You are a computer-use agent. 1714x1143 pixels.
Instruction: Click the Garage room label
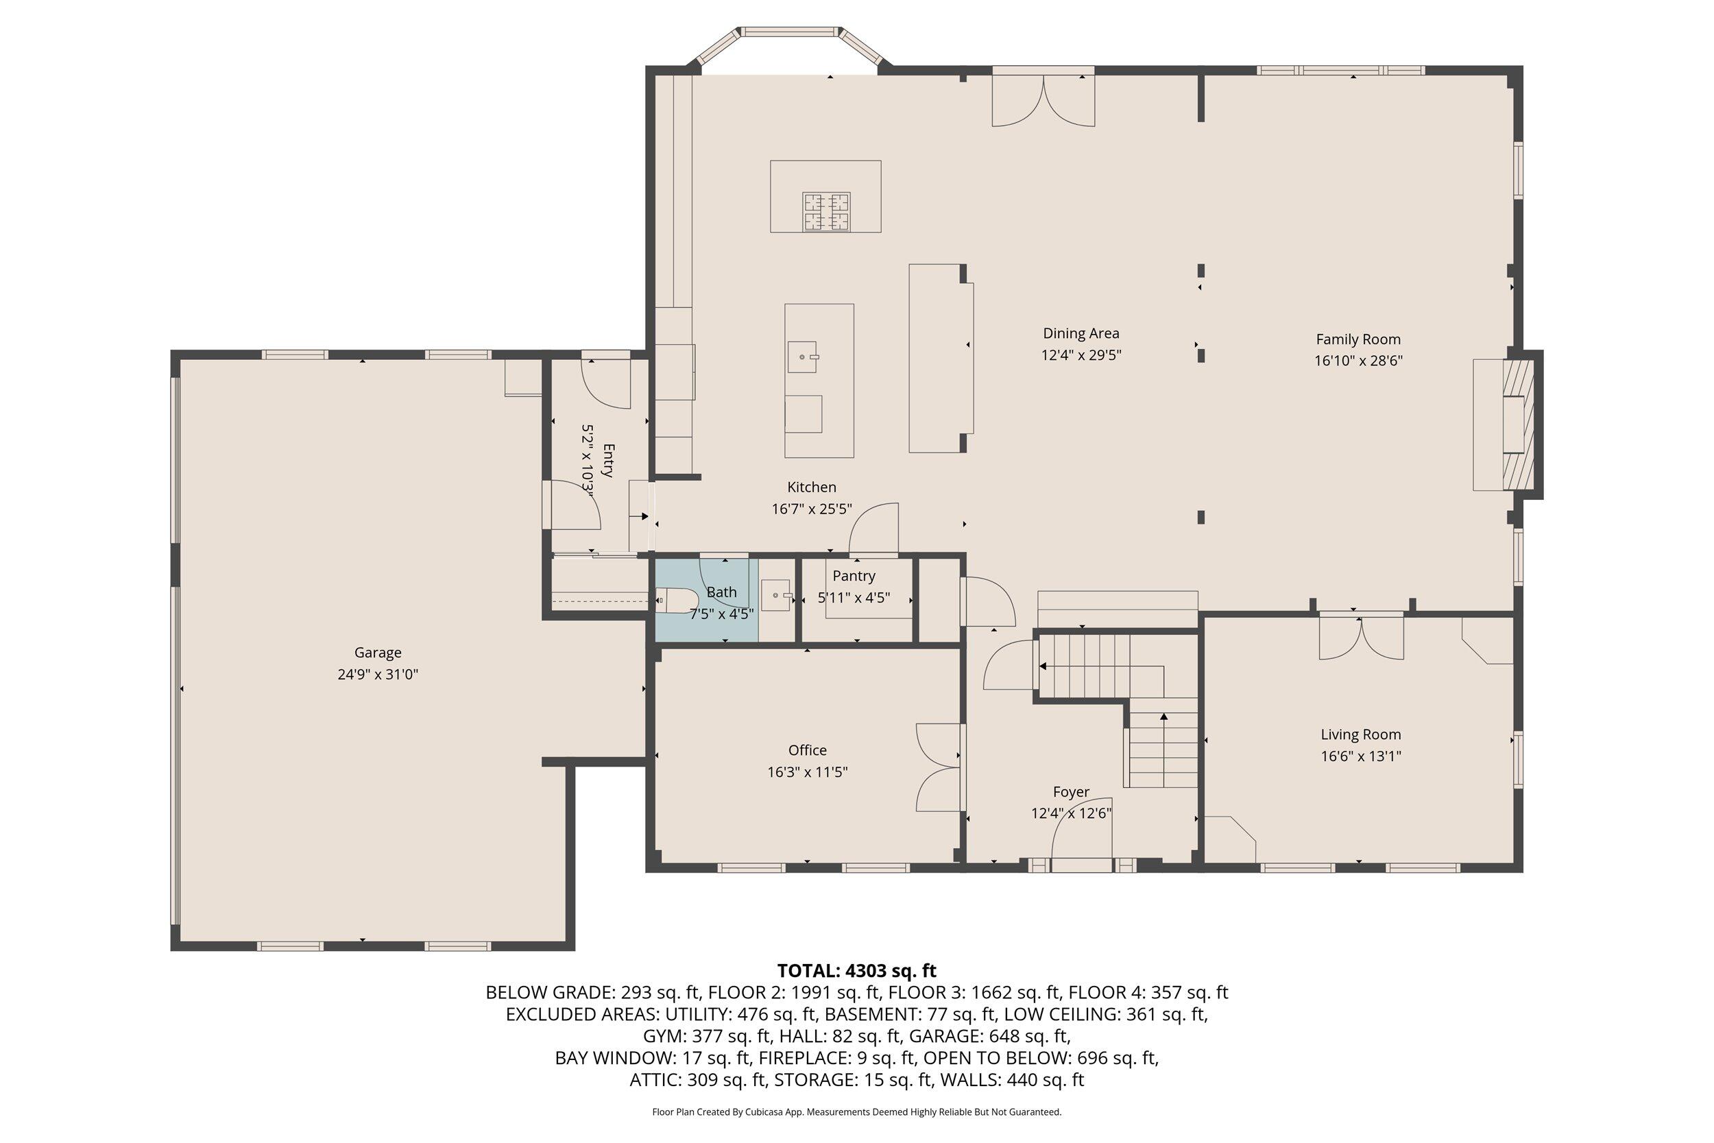coord(378,653)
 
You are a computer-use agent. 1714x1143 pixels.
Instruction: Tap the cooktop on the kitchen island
coord(826,211)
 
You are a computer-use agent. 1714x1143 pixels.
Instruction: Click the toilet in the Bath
coord(673,601)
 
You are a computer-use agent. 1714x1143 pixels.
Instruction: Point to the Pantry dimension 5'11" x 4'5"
coord(854,598)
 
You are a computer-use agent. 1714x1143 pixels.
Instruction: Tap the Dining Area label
coord(1081,333)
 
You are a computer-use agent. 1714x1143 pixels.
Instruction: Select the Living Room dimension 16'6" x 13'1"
coord(1360,756)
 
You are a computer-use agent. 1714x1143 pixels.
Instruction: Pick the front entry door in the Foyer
coord(1081,865)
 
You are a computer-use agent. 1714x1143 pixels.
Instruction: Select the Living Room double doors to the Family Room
coord(1362,637)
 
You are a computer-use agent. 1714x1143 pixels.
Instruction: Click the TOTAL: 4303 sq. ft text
coord(856,971)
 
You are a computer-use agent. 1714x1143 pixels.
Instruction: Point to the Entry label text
coord(609,461)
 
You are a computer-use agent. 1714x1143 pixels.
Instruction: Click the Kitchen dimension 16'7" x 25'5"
coord(811,509)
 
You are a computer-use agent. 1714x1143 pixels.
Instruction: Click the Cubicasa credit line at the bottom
coord(856,1111)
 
